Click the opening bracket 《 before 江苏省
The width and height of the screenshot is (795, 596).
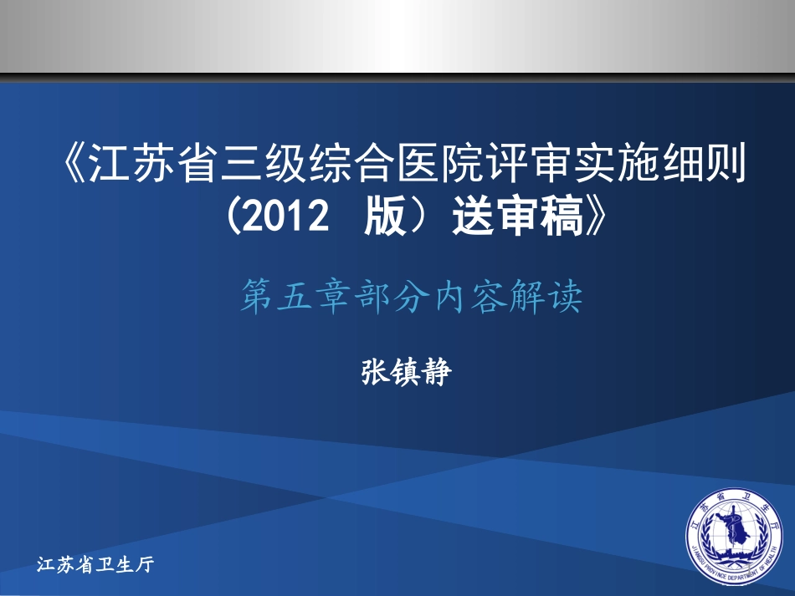(x=73, y=165)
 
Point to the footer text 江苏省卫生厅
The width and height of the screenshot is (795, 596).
(x=97, y=565)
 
